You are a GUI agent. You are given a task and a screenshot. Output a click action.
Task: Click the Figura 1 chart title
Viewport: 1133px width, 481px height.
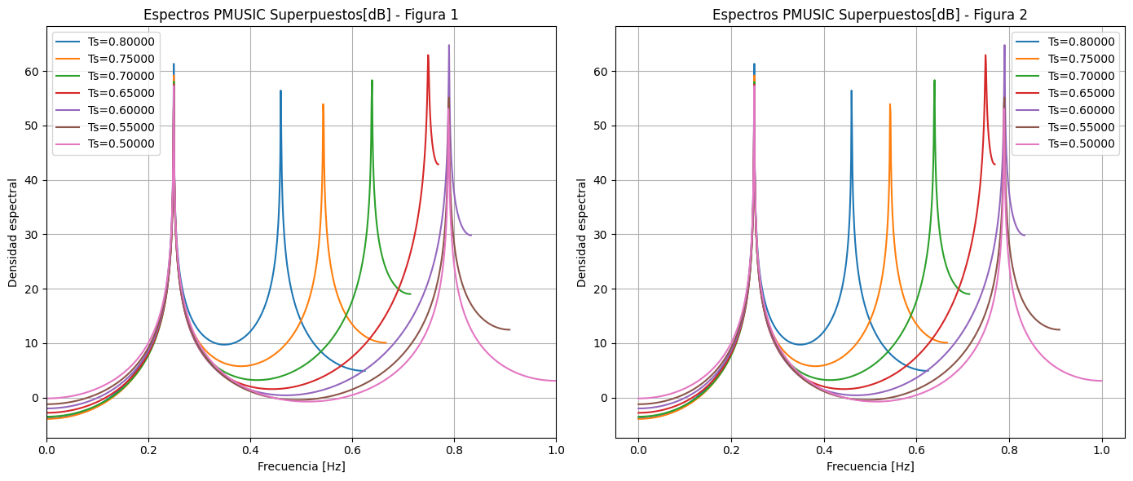pyautogui.click(x=301, y=15)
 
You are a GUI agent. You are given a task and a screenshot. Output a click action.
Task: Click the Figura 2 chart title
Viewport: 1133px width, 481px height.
pyautogui.click(x=870, y=15)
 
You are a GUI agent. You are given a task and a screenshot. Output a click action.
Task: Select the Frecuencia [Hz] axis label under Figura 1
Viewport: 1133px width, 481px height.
pyautogui.click(x=301, y=466)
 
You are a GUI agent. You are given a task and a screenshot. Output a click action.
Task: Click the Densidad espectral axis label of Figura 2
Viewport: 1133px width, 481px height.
pyautogui.click(x=582, y=232)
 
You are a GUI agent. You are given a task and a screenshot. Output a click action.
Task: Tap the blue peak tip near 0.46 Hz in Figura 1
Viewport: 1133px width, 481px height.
pyautogui.click(x=280, y=91)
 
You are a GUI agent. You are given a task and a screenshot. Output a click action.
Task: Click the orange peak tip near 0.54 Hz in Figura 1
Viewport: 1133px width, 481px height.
pyautogui.click(x=323, y=104)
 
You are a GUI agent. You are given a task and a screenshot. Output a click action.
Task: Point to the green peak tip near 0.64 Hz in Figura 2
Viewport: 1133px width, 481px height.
pyautogui.click(x=934, y=81)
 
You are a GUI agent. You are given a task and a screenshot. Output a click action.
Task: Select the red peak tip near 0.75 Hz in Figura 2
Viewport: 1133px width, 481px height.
pyautogui.click(x=985, y=55)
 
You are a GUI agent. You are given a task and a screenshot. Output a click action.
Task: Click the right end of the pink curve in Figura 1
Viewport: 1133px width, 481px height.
pyautogui.click(x=555, y=381)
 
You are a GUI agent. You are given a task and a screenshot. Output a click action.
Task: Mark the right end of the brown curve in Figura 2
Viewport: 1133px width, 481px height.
pyautogui.click(x=1060, y=329)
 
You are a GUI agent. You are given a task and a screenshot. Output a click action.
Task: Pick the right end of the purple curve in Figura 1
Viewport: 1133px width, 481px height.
pyautogui.click(x=470, y=235)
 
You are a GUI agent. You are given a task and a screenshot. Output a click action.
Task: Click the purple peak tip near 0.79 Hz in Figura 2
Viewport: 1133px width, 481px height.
pyautogui.click(x=1004, y=46)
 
